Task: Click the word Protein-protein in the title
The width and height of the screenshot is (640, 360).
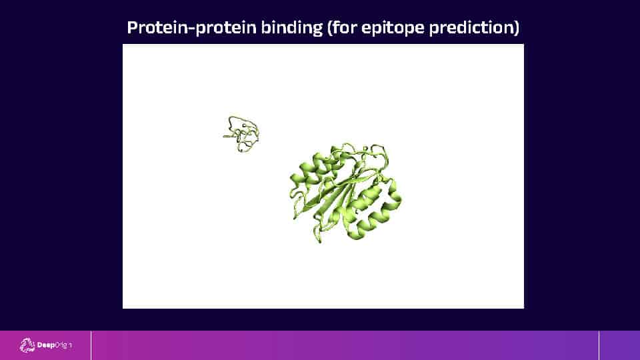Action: pos(191,28)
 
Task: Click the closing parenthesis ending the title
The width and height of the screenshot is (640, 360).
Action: pos(517,28)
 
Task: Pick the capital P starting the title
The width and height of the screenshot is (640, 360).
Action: pos(132,27)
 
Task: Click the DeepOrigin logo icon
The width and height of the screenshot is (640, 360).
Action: pos(27,345)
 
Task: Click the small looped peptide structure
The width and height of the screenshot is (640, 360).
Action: pos(241,134)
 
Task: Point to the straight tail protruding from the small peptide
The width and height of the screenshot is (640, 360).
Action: pos(228,136)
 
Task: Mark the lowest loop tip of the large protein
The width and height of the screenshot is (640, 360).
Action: pos(319,240)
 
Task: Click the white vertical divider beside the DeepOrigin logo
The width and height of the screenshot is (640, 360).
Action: pos(91,345)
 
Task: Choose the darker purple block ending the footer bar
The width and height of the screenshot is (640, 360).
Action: pos(619,345)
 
